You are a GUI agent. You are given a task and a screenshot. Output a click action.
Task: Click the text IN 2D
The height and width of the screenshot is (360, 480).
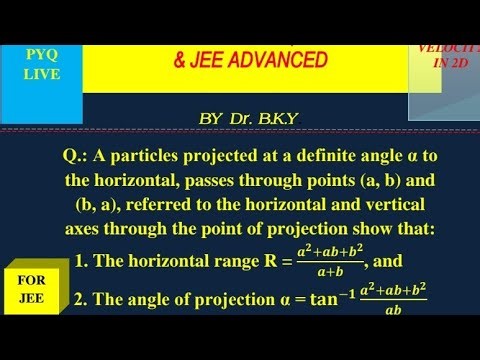[x=446, y=62]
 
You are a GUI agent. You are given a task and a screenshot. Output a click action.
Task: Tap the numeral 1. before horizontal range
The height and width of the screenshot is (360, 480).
[x=82, y=262]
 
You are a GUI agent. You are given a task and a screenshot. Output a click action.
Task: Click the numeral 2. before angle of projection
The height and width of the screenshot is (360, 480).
[x=82, y=300]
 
